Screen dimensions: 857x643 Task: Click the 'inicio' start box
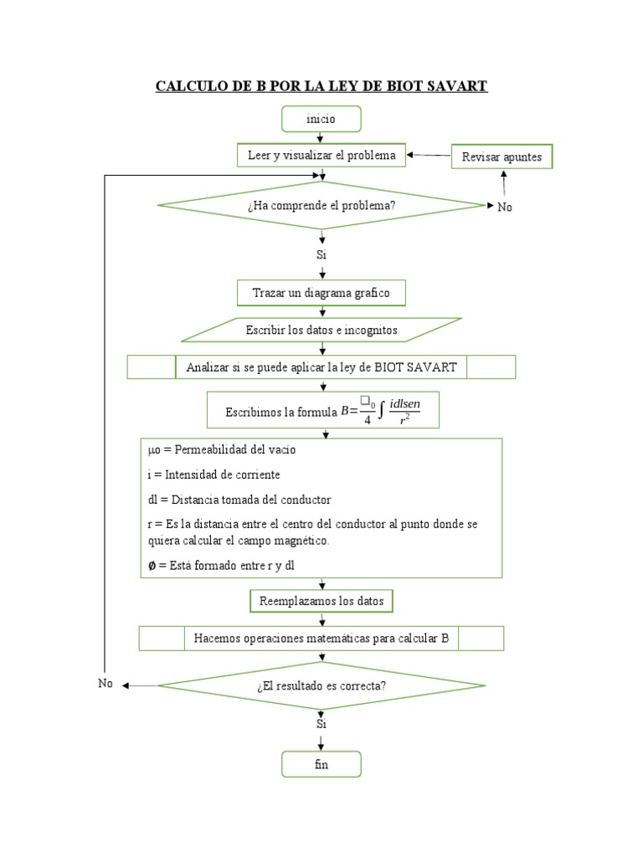pos(321,119)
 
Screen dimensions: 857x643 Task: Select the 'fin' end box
pos(321,765)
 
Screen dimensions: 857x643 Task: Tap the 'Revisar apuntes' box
pos(502,157)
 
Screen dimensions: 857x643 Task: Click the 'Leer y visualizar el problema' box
pos(322,155)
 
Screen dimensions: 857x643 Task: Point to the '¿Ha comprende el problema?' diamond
pos(321,206)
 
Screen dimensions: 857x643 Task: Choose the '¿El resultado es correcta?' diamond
pos(321,685)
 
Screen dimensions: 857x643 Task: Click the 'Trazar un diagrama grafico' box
pos(321,293)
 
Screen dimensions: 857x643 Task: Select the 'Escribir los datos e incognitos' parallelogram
pos(321,330)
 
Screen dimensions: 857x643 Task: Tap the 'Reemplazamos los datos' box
pos(321,601)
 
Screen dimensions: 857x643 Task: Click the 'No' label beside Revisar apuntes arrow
pos(504,208)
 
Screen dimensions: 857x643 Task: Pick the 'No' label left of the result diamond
pos(105,684)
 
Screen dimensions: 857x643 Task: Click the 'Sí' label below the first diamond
pos(321,254)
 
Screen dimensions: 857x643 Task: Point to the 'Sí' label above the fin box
pos(321,724)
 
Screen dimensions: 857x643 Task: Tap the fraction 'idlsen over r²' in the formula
pos(405,411)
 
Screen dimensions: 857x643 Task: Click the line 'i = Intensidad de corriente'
pos(213,475)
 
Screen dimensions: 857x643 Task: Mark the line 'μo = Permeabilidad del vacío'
pos(221,449)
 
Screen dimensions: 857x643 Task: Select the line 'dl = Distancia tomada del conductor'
pos(239,500)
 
